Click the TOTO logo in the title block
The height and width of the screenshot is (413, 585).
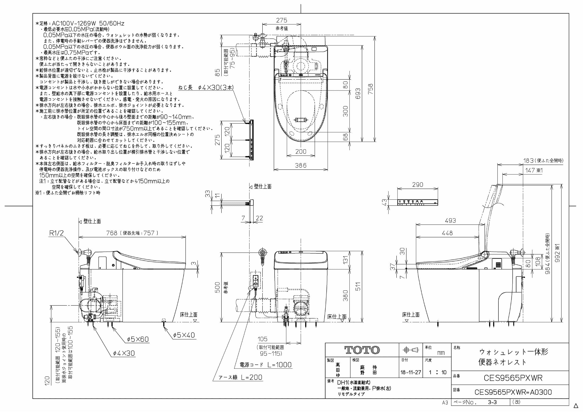[x=362, y=350]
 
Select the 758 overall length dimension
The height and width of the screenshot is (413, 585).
[x=370, y=89]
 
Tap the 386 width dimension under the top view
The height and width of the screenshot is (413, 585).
[x=301, y=165]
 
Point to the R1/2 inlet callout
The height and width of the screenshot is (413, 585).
[x=56, y=233]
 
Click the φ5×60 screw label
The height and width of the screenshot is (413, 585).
[x=138, y=339]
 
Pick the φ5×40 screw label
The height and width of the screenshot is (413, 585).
[x=184, y=335]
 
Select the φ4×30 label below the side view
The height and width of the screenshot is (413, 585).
[x=124, y=353]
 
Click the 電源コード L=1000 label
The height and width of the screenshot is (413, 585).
[x=266, y=365]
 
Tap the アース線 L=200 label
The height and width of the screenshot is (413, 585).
[x=240, y=377]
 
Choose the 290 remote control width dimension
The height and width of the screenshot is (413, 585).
[x=418, y=185]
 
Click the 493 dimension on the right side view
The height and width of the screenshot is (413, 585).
[x=450, y=221]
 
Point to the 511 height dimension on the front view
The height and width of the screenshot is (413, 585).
[x=358, y=287]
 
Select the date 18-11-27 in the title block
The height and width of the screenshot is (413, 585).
[x=411, y=372]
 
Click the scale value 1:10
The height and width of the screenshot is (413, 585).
[x=437, y=372]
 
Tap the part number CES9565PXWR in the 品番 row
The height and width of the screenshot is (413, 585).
[x=513, y=378]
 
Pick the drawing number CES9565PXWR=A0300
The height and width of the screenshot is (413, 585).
[x=513, y=392]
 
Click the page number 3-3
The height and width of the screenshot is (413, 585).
[x=492, y=402]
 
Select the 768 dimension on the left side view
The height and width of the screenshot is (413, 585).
[x=112, y=233]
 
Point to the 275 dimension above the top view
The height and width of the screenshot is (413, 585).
[x=282, y=20]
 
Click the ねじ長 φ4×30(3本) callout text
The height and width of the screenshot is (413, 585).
[x=206, y=88]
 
